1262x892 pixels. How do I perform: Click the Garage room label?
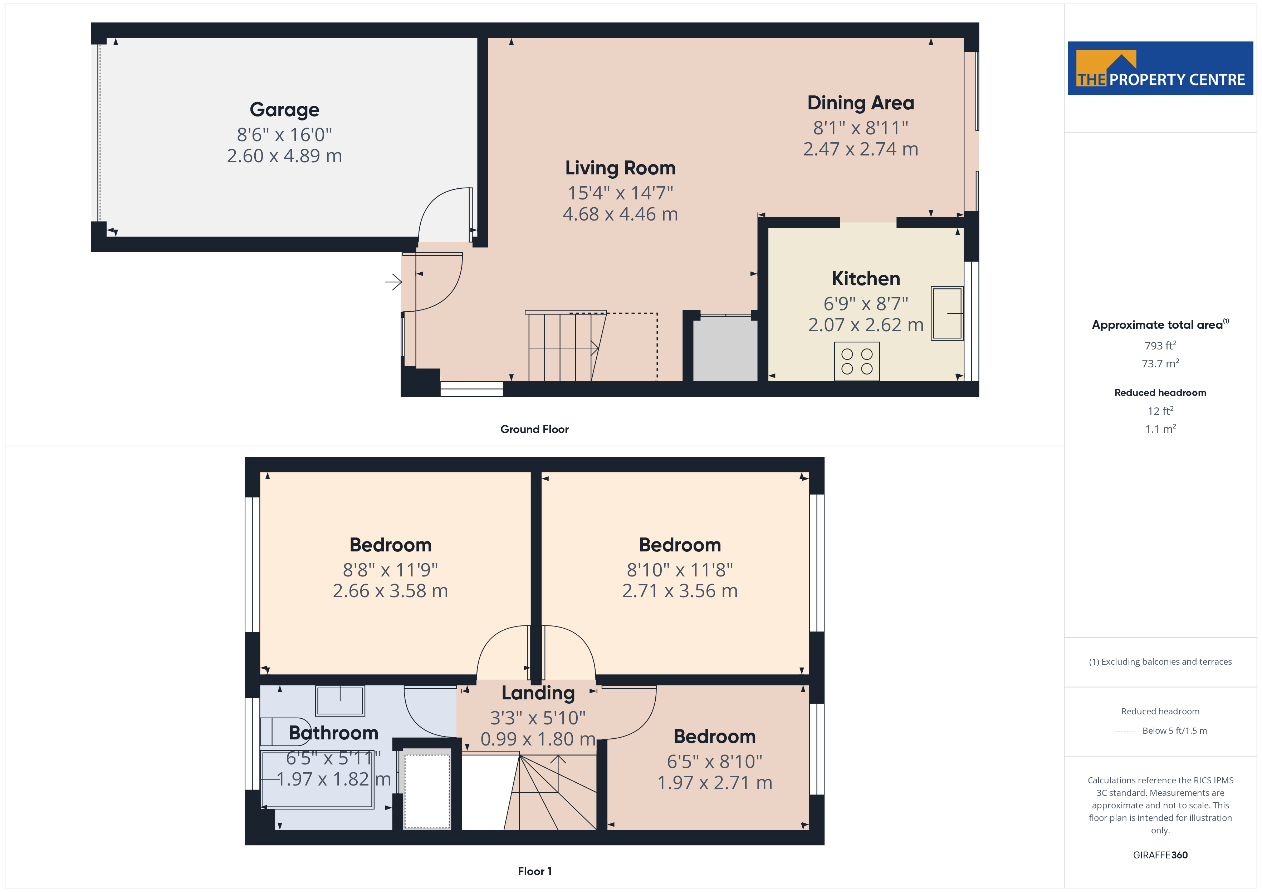(x=284, y=110)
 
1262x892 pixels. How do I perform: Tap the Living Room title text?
(x=620, y=168)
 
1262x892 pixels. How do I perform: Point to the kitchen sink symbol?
(x=946, y=313)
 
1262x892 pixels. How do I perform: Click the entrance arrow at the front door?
(x=393, y=282)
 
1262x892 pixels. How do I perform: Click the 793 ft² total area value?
(x=1160, y=346)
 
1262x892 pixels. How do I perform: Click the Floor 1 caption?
(x=534, y=871)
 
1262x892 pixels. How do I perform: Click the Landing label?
(x=538, y=693)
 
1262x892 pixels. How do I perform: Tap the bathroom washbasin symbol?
(x=340, y=701)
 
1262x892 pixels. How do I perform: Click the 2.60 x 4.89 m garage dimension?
(x=284, y=155)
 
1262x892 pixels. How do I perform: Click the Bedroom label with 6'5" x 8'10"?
(x=715, y=736)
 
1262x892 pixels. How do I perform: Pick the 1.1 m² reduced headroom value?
(x=1160, y=428)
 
